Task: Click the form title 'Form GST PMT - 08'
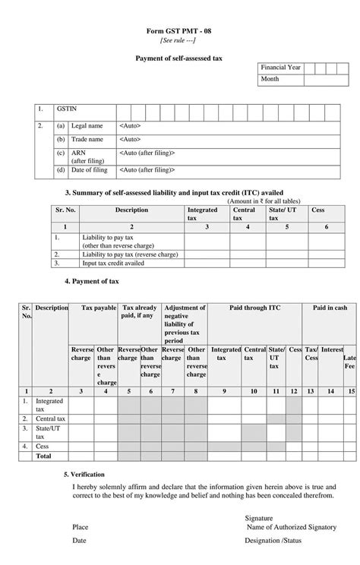[180, 32]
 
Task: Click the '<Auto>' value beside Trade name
[130, 140]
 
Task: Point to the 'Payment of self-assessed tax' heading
[180, 57]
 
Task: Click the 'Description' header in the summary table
[131, 210]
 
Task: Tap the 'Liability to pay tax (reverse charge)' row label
[130, 254]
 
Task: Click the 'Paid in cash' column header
[330, 308]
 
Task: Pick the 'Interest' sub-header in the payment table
[332, 350]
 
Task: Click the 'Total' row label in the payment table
[44, 456]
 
